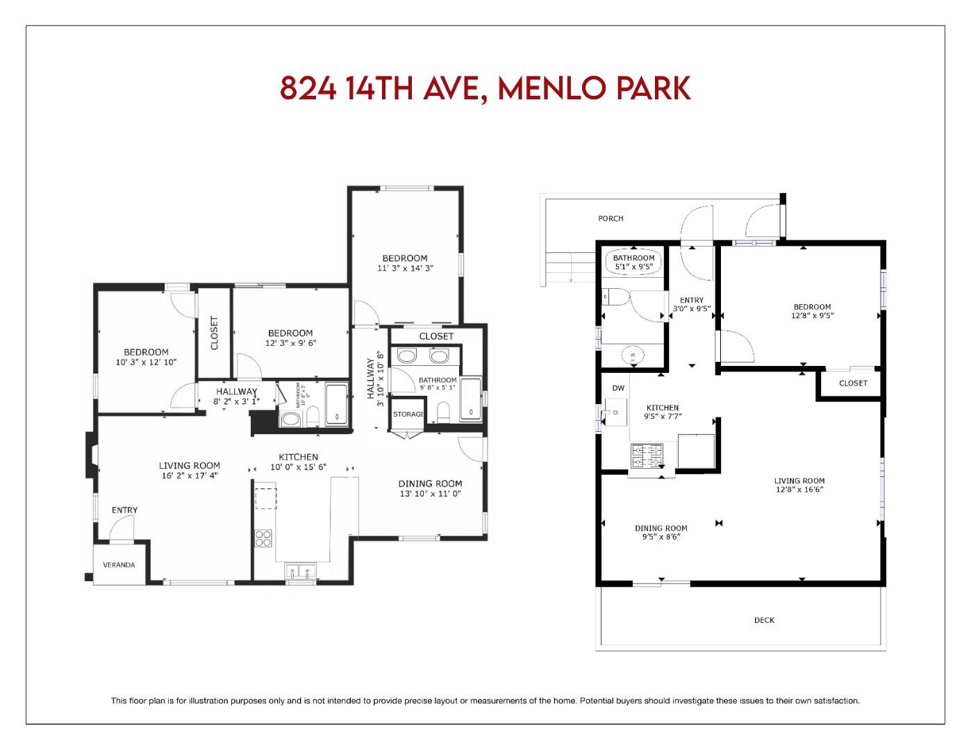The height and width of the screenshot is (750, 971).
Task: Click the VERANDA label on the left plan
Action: coord(119,565)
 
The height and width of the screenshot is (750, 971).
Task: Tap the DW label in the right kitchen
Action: coord(618,388)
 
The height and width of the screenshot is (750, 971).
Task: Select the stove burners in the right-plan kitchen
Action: coord(647,456)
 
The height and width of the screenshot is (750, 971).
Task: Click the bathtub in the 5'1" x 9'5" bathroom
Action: coord(633,262)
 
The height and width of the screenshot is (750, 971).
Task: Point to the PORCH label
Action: coord(611,219)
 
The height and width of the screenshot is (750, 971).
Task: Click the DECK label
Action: coord(764,620)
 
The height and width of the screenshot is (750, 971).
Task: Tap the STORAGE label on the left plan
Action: coord(408,415)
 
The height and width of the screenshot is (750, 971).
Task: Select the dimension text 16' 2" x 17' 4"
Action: coord(190,476)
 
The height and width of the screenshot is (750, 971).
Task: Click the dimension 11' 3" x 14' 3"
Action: coord(405,268)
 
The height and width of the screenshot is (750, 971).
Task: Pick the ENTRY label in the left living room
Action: coord(125,510)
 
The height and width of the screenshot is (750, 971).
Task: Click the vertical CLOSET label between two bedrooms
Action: coord(214,333)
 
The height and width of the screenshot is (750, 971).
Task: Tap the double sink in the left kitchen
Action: coord(301,573)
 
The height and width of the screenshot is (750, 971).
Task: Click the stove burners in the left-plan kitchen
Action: coord(263,538)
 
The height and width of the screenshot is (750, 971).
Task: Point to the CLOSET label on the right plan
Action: coord(853,383)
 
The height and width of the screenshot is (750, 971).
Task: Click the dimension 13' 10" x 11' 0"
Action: coord(430,494)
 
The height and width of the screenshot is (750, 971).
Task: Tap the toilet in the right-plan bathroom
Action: coord(617,297)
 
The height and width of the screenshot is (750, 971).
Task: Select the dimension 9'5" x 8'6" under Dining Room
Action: coord(661,537)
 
